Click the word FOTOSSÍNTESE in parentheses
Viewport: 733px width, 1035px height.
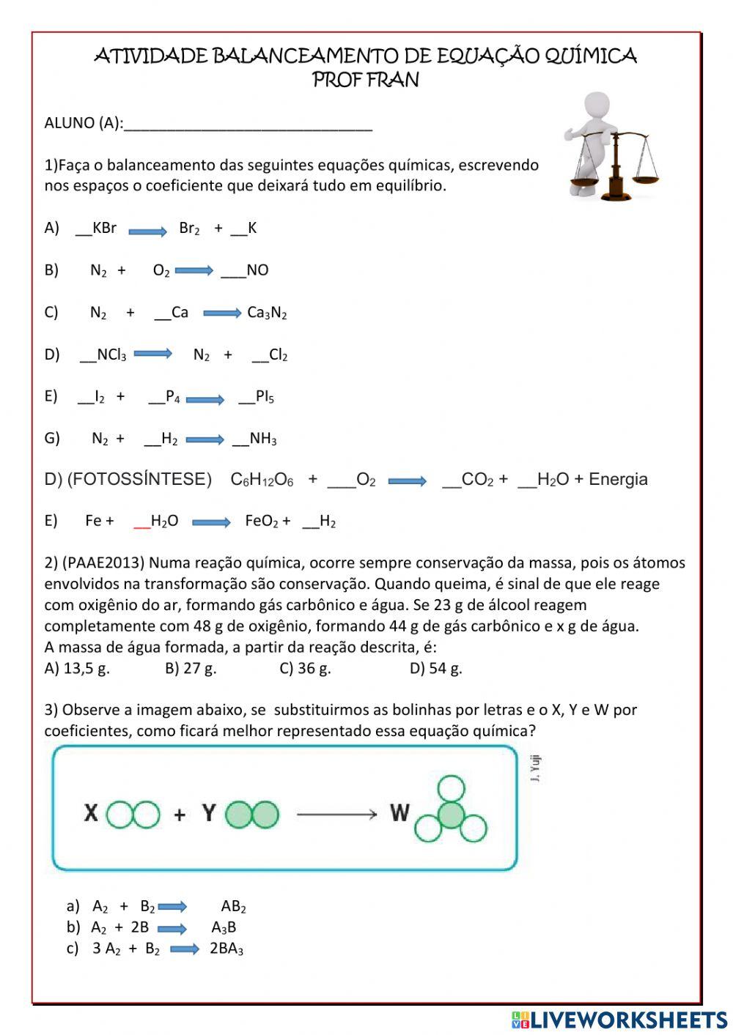pyautogui.click(x=139, y=480)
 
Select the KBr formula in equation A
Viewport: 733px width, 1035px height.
pyautogui.click(x=104, y=228)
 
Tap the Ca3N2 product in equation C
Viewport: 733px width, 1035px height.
pyautogui.click(x=267, y=313)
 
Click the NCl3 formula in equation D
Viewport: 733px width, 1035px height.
pyautogui.click(x=111, y=355)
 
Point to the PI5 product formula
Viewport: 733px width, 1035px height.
pyautogui.click(x=265, y=397)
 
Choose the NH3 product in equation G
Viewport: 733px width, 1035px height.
pyautogui.click(x=262, y=439)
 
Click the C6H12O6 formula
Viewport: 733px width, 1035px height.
pyautogui.click(x=262, y=480)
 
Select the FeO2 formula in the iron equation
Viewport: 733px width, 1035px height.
pyautogui.click(x=261, y=522)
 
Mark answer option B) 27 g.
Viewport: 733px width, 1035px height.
pyautogui.click(x=191, y=668)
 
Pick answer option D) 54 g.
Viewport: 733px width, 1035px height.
pyautogui.click(x=435, y=668)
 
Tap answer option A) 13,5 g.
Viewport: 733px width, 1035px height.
pyautogui.click(x=77, y=668)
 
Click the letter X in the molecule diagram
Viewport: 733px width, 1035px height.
pyautogui.click(x=91, y=813)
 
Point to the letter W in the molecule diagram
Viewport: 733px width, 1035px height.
pyautogui.click(x=399, y=812)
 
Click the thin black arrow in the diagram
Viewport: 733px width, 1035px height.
pyautogui.click(x=336, y=814)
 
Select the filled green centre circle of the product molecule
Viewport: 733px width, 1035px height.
pyautogui.click(x=451, y=815)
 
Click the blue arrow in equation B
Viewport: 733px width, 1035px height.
pyautogui.click(x=194, y=271)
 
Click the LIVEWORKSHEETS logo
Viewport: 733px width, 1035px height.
pyautogui.click(x=619, y=1020)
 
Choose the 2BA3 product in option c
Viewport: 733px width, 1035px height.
pyautogui.click(x=226, y=949)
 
